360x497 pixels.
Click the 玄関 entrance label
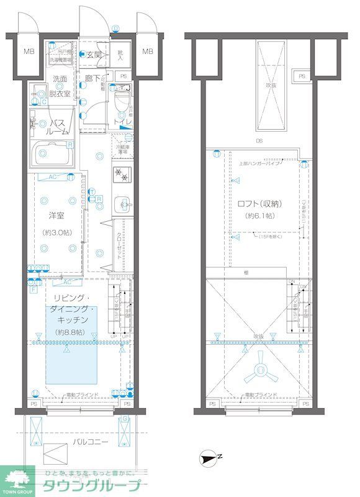pos(93,55)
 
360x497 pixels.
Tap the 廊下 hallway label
pos(93,80)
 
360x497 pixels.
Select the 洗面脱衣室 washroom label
pos(60,86)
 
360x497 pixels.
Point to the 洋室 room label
pos(56,216)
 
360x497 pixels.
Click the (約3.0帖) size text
pos(56,232)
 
